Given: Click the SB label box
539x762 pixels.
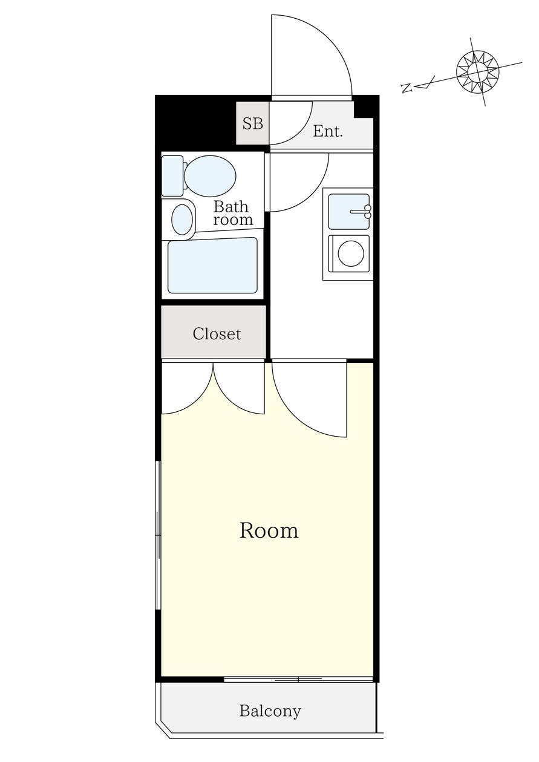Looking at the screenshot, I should point(252,123).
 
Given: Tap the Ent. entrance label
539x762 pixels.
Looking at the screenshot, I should point(328,131).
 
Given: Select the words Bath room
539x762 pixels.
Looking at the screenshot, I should point(232,213).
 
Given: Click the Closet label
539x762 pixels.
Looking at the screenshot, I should point(217,333).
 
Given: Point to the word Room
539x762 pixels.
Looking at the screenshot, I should point(269,530).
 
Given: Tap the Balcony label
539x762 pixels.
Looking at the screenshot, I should point(270,711).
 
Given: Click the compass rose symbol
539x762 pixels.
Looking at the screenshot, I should point(477,72).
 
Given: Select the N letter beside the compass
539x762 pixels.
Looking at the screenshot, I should point(407,88).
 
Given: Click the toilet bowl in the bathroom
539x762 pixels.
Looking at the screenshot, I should point(209,176).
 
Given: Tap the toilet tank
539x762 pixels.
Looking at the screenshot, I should point(172,175).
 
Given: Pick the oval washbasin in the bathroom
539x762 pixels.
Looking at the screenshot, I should point(182,220).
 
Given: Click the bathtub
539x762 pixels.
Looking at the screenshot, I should point(212,265).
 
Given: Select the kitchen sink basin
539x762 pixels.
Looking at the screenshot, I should point(348,211).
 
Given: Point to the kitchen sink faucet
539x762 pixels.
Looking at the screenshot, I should point(363,211).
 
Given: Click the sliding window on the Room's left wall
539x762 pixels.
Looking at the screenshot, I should point(158,535).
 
